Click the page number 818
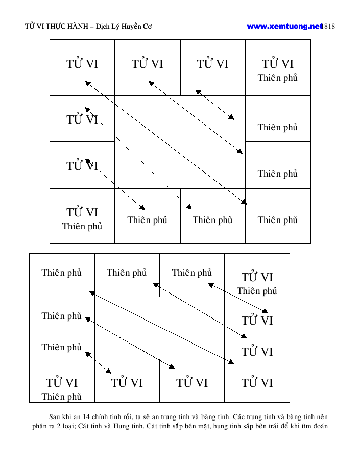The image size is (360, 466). pos(330,27)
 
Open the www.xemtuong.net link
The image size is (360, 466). pos(284,27)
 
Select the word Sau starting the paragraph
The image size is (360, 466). pos(55,416)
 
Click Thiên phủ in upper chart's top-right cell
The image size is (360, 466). pos(277,78)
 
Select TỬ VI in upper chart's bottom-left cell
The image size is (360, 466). pos(82,212)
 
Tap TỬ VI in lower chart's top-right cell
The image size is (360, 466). pos(257,278)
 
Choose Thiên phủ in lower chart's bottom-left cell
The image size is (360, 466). pos(61,397)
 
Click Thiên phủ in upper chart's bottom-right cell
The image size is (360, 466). pos(277,220)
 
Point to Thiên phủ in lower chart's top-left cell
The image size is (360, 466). pos(61,273)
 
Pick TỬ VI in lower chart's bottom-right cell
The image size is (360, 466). pos(257,383)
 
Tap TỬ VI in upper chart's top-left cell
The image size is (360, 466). pos(82,64)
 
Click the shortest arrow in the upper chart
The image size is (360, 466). pos(214,105)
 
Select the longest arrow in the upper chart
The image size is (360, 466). pos(166,143)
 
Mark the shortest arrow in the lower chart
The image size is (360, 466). pos(98,362)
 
